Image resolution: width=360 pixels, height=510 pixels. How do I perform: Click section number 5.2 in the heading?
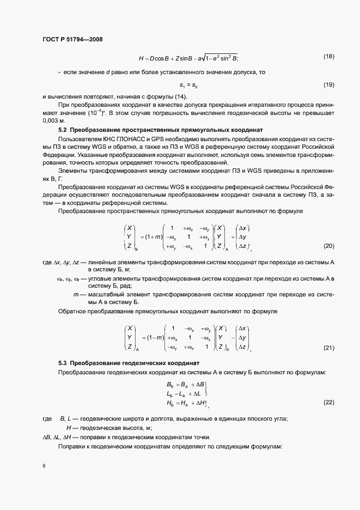pos(62,130)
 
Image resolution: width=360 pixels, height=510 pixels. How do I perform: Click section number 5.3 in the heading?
pos(62,362)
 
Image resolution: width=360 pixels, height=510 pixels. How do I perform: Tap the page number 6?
pos(44,466)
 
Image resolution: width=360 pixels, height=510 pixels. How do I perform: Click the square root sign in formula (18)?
pos(211,57)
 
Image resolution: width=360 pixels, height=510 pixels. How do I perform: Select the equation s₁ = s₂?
pos(187,85)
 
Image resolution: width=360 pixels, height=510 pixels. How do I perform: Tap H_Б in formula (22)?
pos(170,402)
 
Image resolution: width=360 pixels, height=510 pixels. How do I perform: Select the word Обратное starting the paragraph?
pos(72,311)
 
